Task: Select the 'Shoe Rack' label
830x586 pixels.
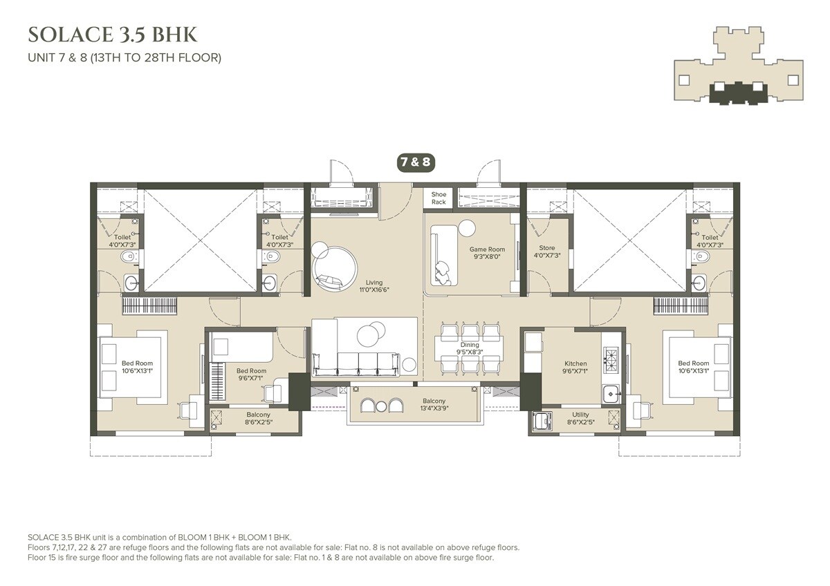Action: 439,198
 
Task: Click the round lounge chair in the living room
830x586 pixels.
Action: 335,267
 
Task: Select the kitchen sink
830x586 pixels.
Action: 610,395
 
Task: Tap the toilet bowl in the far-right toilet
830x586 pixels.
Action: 702,257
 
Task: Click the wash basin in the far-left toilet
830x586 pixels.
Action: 132,282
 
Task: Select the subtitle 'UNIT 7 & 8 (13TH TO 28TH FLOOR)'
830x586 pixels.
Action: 124,58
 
